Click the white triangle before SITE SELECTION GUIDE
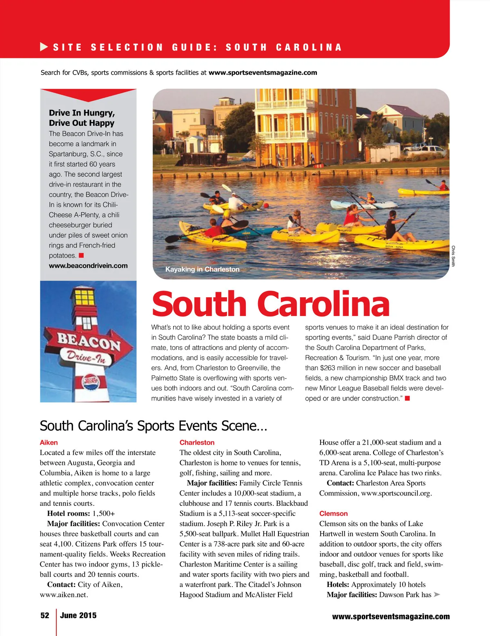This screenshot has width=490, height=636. pyautogui.click(x=44, y=47)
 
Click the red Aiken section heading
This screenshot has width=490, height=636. pyautogui.click(x=49, y=443)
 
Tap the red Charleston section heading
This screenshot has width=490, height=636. pyautogui.click(x=197, y=443)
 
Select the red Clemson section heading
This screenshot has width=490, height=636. pyautogui.click(x=333, y=514)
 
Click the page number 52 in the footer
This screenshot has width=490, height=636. pyautogui.click(x=45, y=616)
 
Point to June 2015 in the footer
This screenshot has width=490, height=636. pyautogui.click(x=78, y=616)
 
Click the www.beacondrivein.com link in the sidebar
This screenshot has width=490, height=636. pyautogui.click(x=88, y=266)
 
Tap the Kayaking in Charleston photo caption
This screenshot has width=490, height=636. pyautogui.click(x=202, y=269)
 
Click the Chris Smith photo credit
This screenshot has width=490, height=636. pyautogui.click(x=453, y=256)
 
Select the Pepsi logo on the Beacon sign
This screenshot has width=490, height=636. pyautogui.click(x=91, y=382)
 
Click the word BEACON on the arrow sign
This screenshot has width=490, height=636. pyautogui.click(x=89, y=341)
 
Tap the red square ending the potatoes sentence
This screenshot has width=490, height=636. pyautogui.click(x=81, y=256)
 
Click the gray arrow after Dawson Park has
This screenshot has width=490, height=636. pyautogui.click(x=437, y=595)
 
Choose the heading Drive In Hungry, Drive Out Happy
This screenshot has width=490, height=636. pyautogui.click(x=82, y=118)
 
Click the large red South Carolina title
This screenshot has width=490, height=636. pyautogui.click(x=270, y=304)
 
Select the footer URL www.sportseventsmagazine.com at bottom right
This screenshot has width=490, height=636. pyautogui.click(x=391, y=617)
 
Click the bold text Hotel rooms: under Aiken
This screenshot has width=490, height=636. pyautogui.click(x=69, y=514)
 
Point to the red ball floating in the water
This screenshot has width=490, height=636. pyautogui.click(x=266, y=205)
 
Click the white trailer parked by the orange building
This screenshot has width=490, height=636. pyautogui.click(x=385, y=152)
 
